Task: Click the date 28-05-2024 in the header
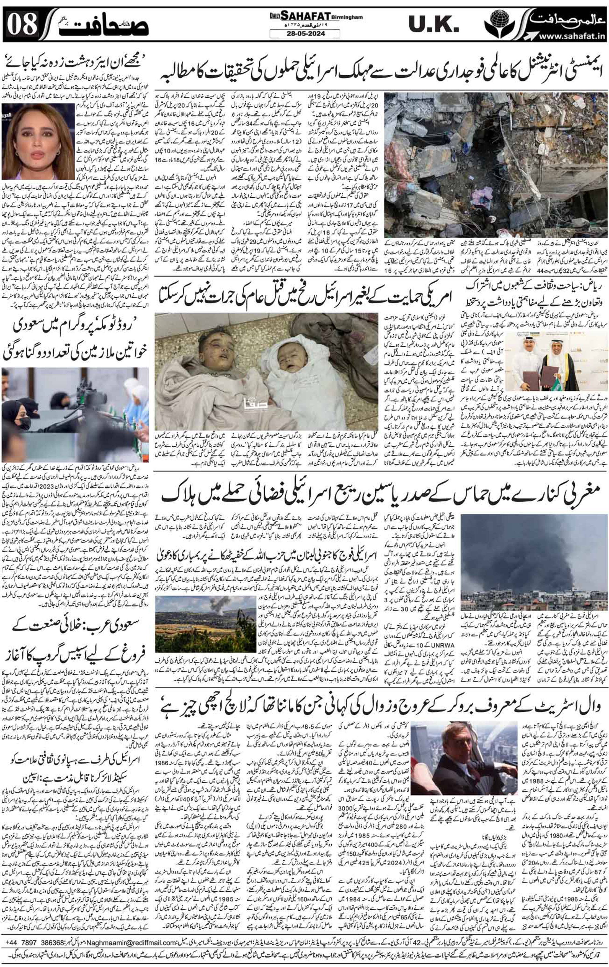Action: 304,34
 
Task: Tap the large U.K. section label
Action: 433,25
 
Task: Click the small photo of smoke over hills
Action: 205,619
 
